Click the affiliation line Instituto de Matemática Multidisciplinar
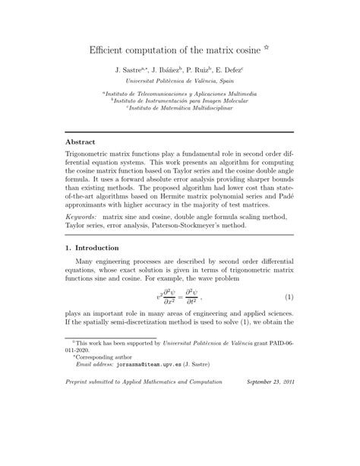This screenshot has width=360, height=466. pyautogui.click(x=181, y=109)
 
